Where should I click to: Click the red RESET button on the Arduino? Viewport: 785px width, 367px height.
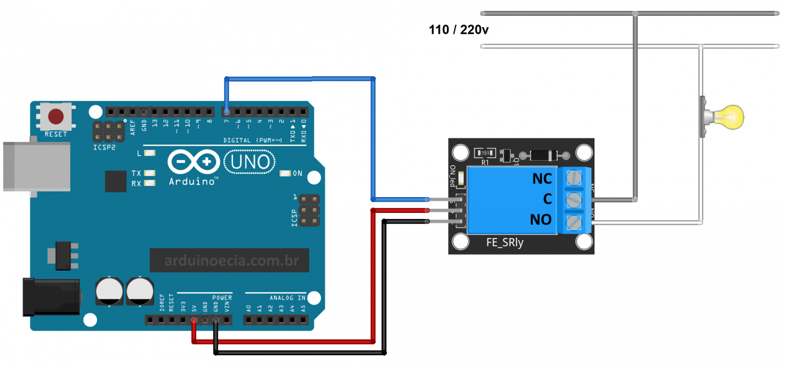click(x=56, y=117)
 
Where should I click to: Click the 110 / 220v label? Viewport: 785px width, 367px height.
click(x=458, y=30)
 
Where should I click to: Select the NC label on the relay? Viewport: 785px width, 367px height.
click(x=542, y=179)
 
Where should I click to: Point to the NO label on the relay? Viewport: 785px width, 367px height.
click(x=541, y=220)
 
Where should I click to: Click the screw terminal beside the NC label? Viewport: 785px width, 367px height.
click(x=575, y=178)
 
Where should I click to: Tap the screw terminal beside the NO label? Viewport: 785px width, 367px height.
click(x=575, y=222)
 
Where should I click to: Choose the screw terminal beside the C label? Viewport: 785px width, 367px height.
click(x=575, y=200)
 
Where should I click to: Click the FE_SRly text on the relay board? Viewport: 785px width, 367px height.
click(x=504, y=243)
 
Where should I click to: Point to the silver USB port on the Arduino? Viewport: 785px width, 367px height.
click(x=36, y=167)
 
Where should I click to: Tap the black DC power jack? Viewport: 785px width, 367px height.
click(x=51, y=297)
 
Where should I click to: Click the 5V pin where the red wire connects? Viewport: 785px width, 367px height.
click(x=194, y=321)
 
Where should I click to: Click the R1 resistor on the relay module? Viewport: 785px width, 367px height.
click(x=484, y=153)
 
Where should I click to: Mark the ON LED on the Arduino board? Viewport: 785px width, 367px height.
click(x=285, y=174)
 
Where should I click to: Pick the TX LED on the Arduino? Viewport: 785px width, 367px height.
click(x=149, y=174)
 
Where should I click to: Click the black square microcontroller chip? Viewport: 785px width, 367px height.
click(x=116, y=181)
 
